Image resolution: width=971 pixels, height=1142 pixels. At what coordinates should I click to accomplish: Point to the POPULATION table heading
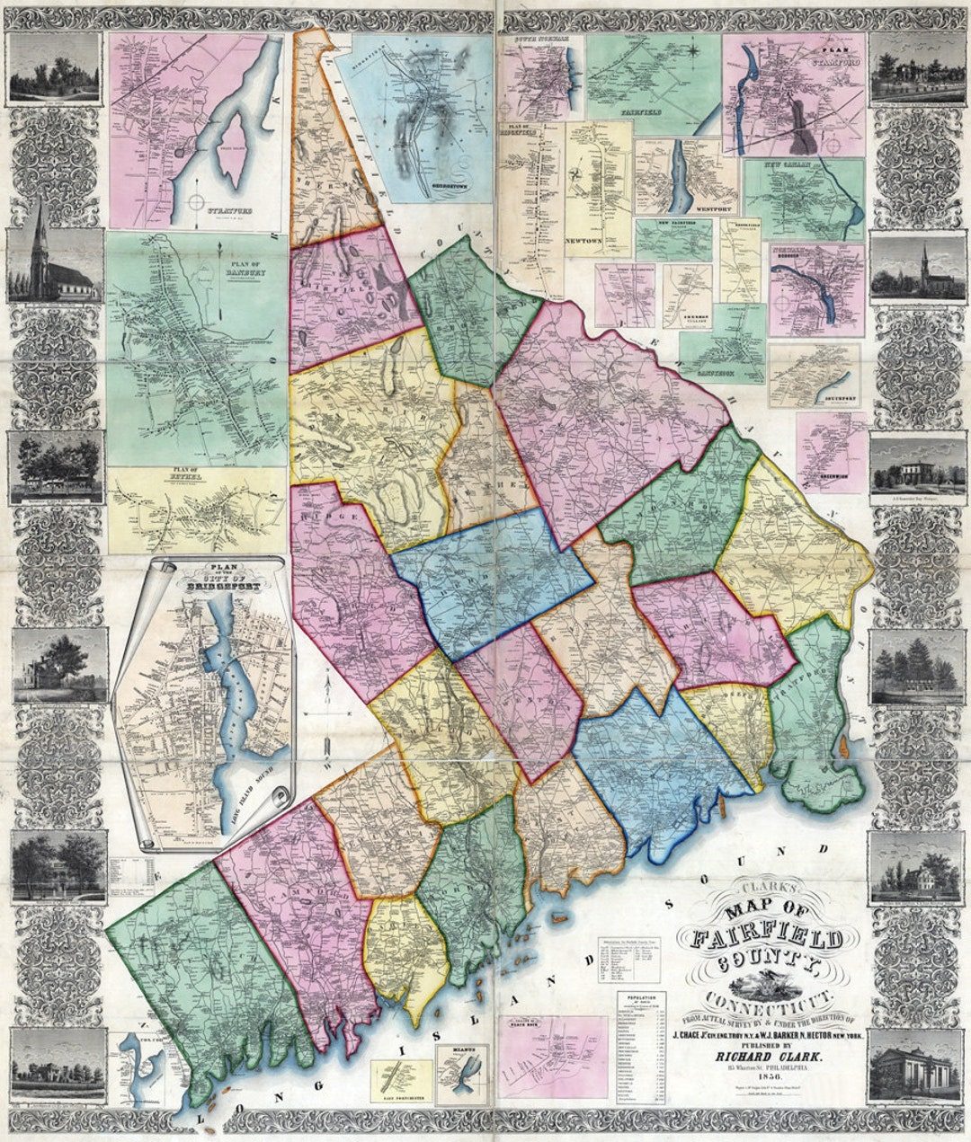pos(640,997)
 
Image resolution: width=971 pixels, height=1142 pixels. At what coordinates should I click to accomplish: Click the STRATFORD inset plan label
pos(228,212)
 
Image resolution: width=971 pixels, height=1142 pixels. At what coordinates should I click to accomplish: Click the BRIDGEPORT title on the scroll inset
pos(207,579)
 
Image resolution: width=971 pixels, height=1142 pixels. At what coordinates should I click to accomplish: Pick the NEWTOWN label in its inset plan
pos(583,242)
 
